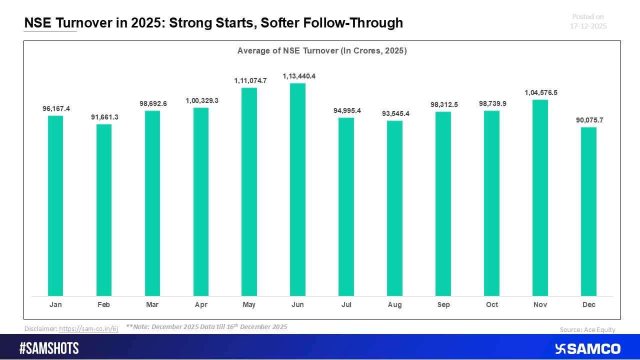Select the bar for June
297,189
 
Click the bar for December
588,211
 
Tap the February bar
104,210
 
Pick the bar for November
540,198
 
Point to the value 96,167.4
55,108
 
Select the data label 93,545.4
394,113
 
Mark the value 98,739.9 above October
491,103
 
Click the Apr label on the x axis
201,304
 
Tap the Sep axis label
443,304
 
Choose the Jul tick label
346,304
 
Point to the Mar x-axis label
152,304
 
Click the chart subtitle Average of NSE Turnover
322,51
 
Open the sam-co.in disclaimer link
88,329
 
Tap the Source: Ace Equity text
587,329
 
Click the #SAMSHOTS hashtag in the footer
49,348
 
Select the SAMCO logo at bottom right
588,348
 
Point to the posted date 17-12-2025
588,26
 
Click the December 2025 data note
206,326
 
